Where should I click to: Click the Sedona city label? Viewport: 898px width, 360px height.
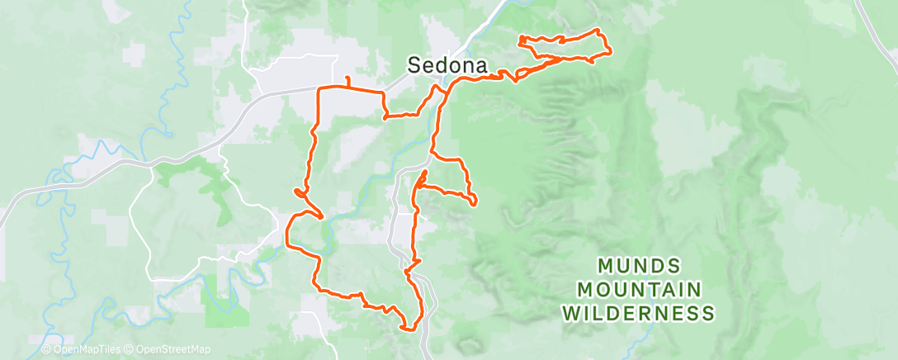point(445,65)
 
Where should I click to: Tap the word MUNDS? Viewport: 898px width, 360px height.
point(639,266)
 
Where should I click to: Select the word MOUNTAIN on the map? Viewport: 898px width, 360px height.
point(640,290)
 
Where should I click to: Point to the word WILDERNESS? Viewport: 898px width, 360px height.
point(639,314)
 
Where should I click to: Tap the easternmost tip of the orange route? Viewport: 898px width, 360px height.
point(611,52)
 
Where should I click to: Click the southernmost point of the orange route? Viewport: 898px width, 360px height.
point(407,329)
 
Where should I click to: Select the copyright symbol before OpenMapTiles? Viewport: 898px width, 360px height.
point(47,350)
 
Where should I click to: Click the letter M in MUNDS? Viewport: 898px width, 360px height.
point(603,266)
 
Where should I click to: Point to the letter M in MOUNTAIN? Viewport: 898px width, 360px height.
point(585,290)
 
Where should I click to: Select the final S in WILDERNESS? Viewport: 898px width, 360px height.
point(708,314)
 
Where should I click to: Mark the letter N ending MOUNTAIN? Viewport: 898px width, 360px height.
point(694,290)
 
